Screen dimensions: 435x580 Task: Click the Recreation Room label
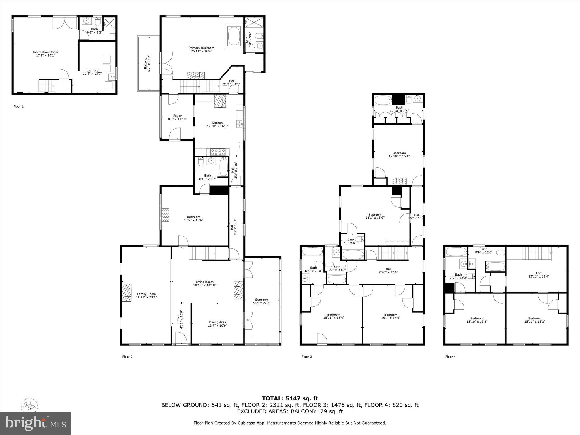click(46, 52)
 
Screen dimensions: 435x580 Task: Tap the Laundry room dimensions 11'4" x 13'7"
click(92, 74)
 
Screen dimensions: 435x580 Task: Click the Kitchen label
click(217, 123)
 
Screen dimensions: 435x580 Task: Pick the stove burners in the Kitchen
click(218, 152)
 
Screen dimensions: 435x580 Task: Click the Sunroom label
click(262, 300)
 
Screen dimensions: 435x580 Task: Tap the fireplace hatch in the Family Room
click(127, 293)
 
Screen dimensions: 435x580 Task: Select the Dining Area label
click(217, 322)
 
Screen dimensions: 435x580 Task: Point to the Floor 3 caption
click(307, 357)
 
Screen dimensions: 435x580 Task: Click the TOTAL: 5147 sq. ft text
click(290, 398)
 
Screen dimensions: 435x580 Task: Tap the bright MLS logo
click(35, 423)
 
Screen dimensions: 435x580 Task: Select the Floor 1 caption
click(19, 106)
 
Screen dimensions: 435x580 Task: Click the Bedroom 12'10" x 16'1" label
click(399, 154)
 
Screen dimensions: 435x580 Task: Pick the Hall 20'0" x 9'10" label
click(389, 270)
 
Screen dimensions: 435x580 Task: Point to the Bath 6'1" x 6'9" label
click(351, 241)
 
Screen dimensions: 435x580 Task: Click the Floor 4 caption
click(450, 357)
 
